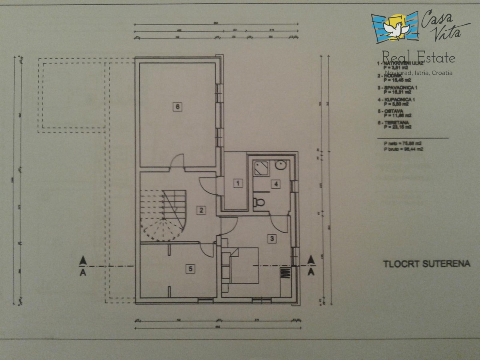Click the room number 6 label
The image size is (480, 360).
[178, 107]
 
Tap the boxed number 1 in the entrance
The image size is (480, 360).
[238, 184]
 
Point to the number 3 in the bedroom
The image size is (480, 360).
[272, 239]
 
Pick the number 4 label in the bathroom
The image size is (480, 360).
[275, 184]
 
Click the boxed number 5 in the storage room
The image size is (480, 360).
[191, 269]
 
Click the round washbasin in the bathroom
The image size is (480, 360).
[281, 165]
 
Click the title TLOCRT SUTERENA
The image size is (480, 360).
[426, 264]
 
